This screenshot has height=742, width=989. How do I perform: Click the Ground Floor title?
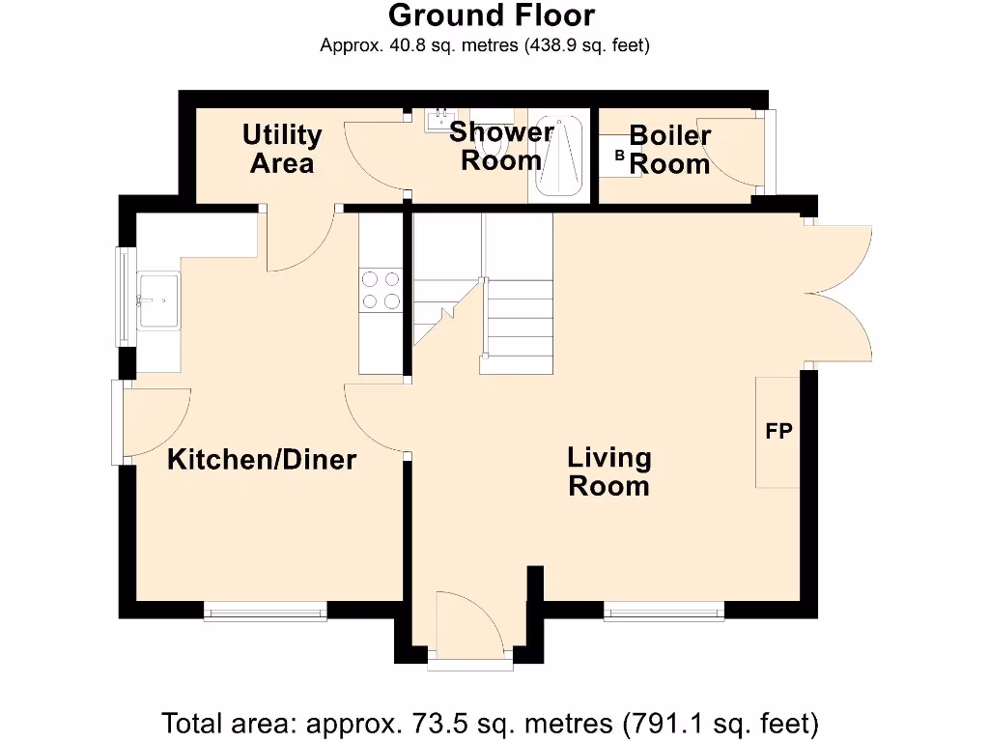tap(492, 15)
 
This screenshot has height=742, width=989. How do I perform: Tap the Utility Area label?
tap(281, 149)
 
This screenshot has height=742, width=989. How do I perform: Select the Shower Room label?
tap(500, 146)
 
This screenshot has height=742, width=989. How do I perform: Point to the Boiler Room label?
tap(669, 150)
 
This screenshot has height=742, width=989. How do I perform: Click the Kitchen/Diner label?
tap(262, 460)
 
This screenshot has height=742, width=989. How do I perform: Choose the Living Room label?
tap(608, 471)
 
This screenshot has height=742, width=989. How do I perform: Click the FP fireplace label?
tap(778, 432)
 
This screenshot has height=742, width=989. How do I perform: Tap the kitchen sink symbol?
tap(158, 300)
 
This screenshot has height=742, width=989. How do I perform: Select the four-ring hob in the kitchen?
tap(380, 290)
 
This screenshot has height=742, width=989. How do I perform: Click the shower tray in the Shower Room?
tap(557, 157)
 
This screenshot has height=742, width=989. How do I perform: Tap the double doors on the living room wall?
tap(840, 293)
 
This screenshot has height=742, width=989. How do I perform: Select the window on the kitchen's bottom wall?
tap(266, 610)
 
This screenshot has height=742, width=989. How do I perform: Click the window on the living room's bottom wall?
tap(664, 610)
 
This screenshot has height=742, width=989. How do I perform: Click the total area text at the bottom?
tap(491, 723)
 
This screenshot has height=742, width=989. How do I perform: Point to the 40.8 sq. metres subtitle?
tap(485, 45)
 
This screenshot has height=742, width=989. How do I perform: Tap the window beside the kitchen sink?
tap(123, 296)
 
